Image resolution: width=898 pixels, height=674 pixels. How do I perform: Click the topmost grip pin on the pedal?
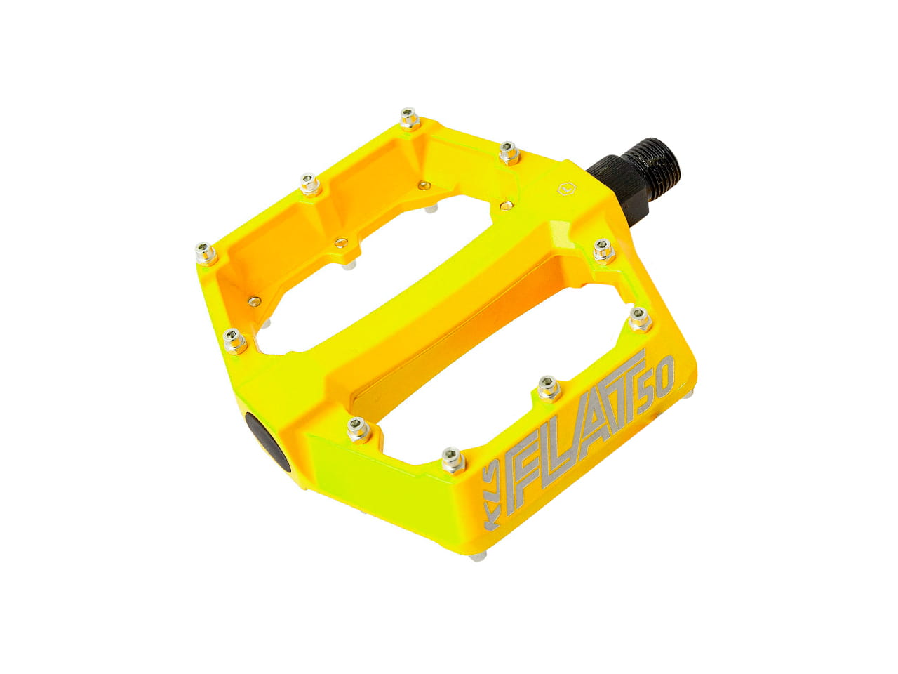click(x=410, y=118)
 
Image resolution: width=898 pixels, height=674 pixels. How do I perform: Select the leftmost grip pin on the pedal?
click(x=206, y=253)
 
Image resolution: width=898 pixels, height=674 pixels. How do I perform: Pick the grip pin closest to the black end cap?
click(x=358, y=430)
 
